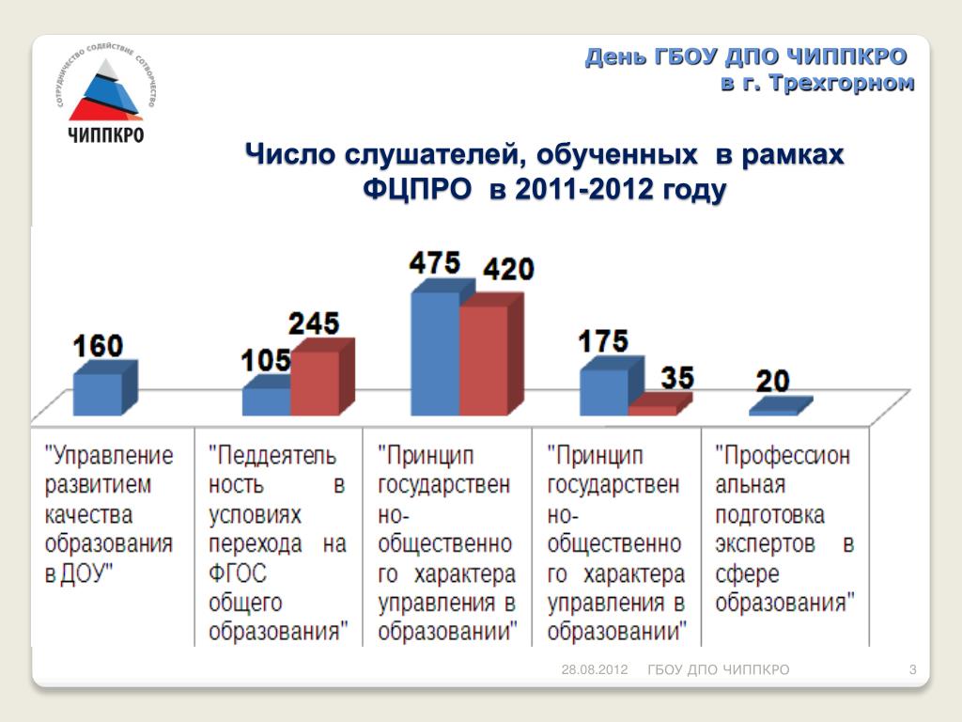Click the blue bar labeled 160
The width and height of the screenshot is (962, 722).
(x=98, y=394)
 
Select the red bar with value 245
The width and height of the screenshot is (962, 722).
(x=315, y=383)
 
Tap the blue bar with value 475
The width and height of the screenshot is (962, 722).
(x=435, y=353)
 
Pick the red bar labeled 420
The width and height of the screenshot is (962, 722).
(x=483, y=360)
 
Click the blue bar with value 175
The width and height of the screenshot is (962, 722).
(x=603, y=391)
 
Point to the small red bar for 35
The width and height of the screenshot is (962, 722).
(x=652, y=410)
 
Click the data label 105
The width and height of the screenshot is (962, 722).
(x=266, y=360)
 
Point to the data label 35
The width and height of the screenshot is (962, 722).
(x=676, y=378)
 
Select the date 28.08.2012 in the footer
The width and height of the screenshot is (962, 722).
(x=594, y=669)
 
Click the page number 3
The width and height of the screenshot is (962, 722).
(x=912, y=669)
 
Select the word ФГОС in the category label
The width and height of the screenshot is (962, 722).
(x=237, y=573)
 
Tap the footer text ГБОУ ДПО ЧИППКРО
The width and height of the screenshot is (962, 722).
(x=719, y=669)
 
